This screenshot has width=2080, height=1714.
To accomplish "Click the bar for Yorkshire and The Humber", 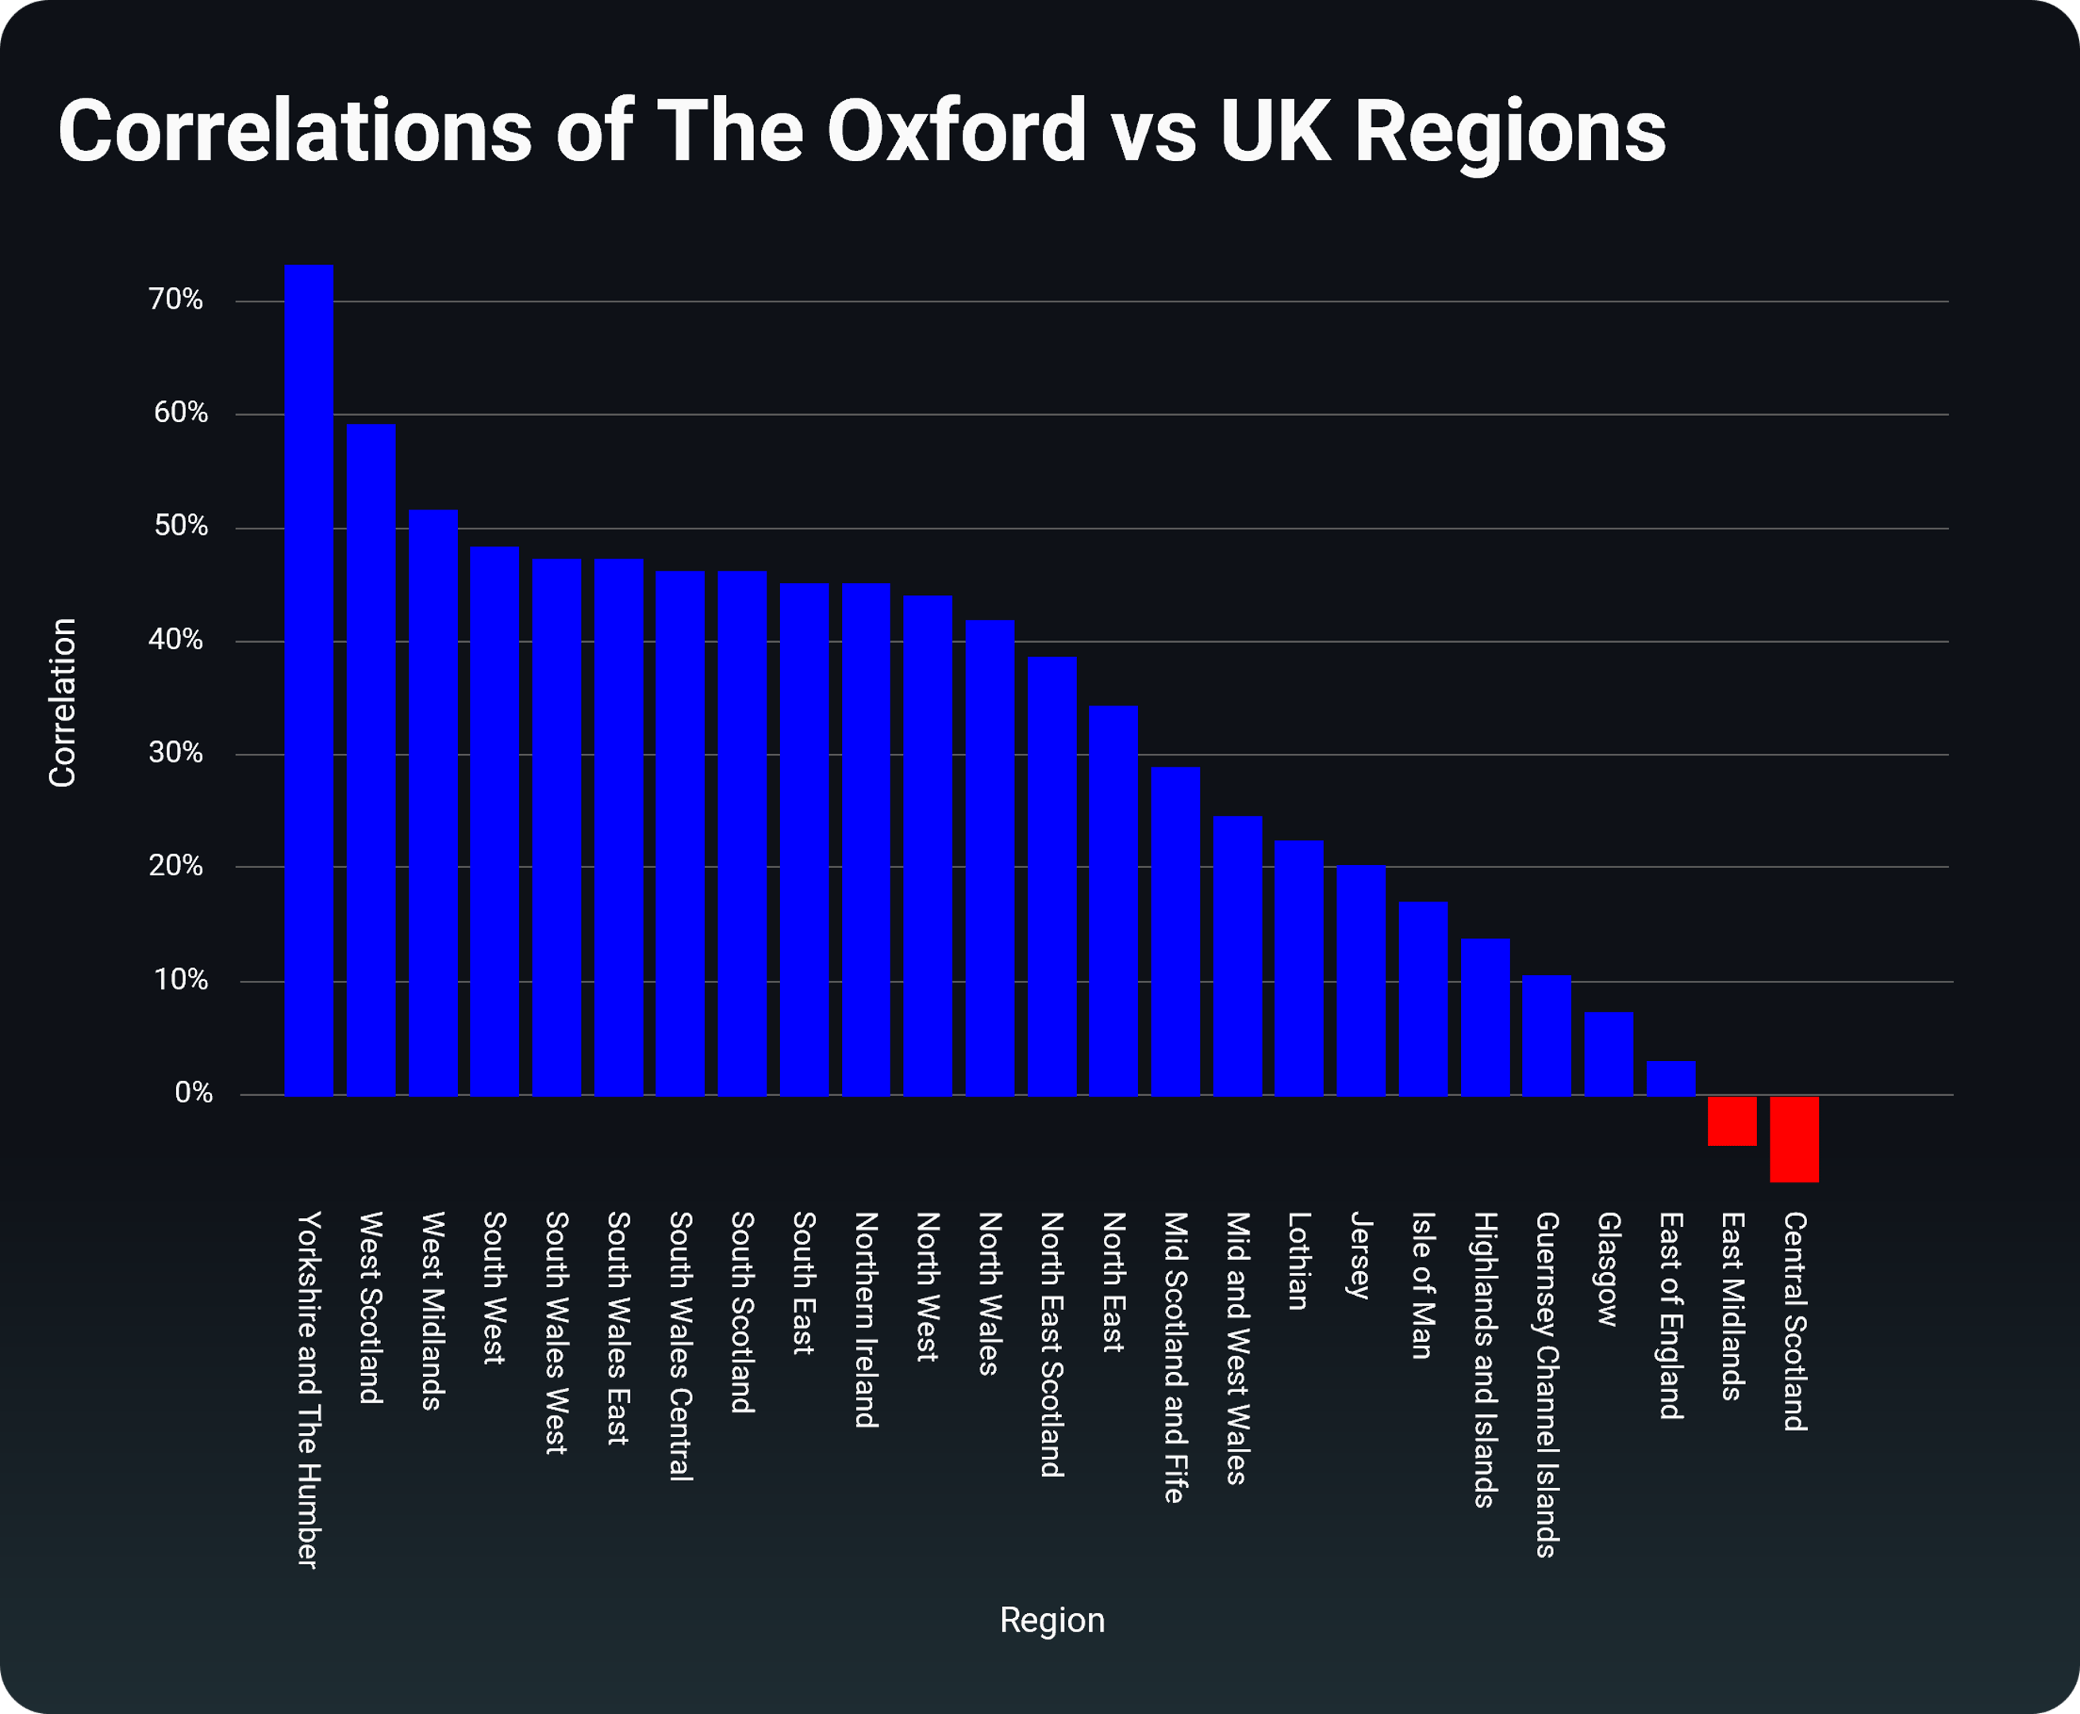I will point(308,682).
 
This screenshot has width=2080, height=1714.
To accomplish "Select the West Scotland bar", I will point(371,760).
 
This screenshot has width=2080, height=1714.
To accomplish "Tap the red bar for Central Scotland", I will point(1794,1139).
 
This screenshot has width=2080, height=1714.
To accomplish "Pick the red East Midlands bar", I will point(1732,1120).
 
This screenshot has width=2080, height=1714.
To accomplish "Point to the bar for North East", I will point(1113,901).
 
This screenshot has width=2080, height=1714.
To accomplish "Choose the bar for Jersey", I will point(1361,981).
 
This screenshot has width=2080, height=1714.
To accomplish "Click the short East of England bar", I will point(1671,1078).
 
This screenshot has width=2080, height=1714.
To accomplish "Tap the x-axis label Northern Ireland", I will point(866,1320).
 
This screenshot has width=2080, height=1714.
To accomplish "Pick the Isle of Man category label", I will point(1423,1285).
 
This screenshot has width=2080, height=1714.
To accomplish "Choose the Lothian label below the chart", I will point(1299,1261).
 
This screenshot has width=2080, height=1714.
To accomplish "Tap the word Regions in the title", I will point(1509,133).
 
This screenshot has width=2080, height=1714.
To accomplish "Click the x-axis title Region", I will point(1052,1620).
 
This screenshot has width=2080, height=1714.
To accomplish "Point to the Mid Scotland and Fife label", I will point(1175,1358).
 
